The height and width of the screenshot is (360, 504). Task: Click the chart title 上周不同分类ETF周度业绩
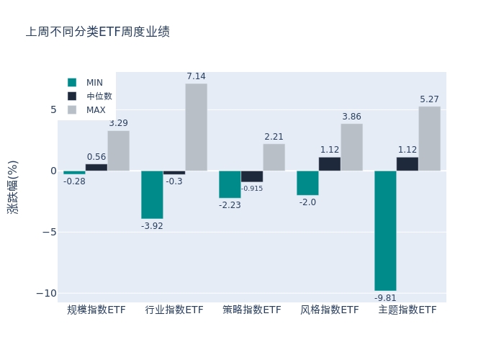pos(98,32)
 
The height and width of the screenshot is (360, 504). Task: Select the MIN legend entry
pos(86,83)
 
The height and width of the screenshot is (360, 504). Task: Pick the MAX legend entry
pos(86,110)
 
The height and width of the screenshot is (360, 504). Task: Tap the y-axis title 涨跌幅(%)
pos(13,186)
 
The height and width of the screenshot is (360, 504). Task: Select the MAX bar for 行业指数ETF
pos(196,127)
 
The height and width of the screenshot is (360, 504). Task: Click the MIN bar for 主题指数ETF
pos(385,230)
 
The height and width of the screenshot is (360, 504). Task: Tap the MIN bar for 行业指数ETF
pos(152,194)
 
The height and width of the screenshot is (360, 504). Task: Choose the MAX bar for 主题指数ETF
pos(429,138)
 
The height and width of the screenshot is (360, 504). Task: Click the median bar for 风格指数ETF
pos(330,164)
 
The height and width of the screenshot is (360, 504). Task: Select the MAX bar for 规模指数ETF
pos(118,150)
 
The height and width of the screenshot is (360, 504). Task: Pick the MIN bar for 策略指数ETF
pos(230,184)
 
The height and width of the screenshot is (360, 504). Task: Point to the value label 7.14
pos(196,76)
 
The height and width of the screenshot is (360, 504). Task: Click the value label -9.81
pos(385,298)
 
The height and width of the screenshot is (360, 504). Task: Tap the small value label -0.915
pos(252,189)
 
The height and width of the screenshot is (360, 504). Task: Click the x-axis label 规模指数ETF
pos(96,310)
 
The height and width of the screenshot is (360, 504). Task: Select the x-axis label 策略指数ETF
pos(252,310)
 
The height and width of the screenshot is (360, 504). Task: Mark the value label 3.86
pos(351,117)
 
